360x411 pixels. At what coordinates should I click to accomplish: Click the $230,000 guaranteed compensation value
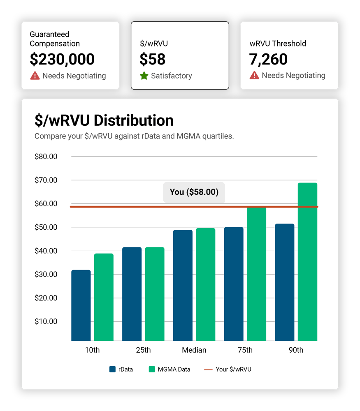[62, 59]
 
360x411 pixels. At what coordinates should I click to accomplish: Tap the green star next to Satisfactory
[144, 76]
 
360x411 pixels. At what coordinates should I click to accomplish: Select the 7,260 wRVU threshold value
[268, 59]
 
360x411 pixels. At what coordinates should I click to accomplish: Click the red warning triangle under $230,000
[35, 76]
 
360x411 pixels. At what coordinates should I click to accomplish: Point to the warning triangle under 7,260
[254, 76]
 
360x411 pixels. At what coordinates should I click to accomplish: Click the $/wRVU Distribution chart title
[104, 120]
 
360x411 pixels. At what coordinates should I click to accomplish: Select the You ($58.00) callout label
[194, 192]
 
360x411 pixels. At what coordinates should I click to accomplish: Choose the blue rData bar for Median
[183, 285]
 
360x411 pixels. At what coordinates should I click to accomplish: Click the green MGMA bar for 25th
[154, 294]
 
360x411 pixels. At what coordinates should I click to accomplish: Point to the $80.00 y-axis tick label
[46, 157]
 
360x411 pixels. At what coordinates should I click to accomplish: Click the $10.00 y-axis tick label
[46, 321]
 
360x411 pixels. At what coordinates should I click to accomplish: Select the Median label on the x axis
[194, 350]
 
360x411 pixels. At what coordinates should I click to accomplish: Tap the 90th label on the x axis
[296, 350]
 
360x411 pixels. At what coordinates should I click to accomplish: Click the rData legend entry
[121, 369]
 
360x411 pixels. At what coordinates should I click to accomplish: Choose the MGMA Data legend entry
[170, 369]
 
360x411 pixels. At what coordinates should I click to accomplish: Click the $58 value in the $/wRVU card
[152, 59]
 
